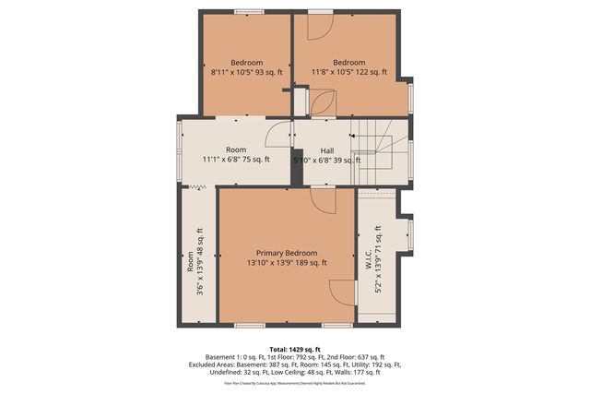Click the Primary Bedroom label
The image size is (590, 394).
tap(287, 253)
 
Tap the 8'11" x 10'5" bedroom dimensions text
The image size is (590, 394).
tap(246, 72)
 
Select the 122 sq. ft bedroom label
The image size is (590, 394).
tap(348, 72)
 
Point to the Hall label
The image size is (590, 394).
tap(327, 149)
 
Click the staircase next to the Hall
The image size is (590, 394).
tap(376, 153)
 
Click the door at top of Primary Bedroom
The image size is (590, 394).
tap(323, 197)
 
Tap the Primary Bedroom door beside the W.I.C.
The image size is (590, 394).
tap(341, 292)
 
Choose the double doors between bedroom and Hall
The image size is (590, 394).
tap(321, 103)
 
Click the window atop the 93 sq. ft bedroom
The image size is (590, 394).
tap(247, 11)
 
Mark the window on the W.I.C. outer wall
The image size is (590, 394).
tap(410, 233)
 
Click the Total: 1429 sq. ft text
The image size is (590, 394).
tap(294, 348)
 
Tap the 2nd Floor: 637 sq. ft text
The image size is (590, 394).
tap(356, 357)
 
